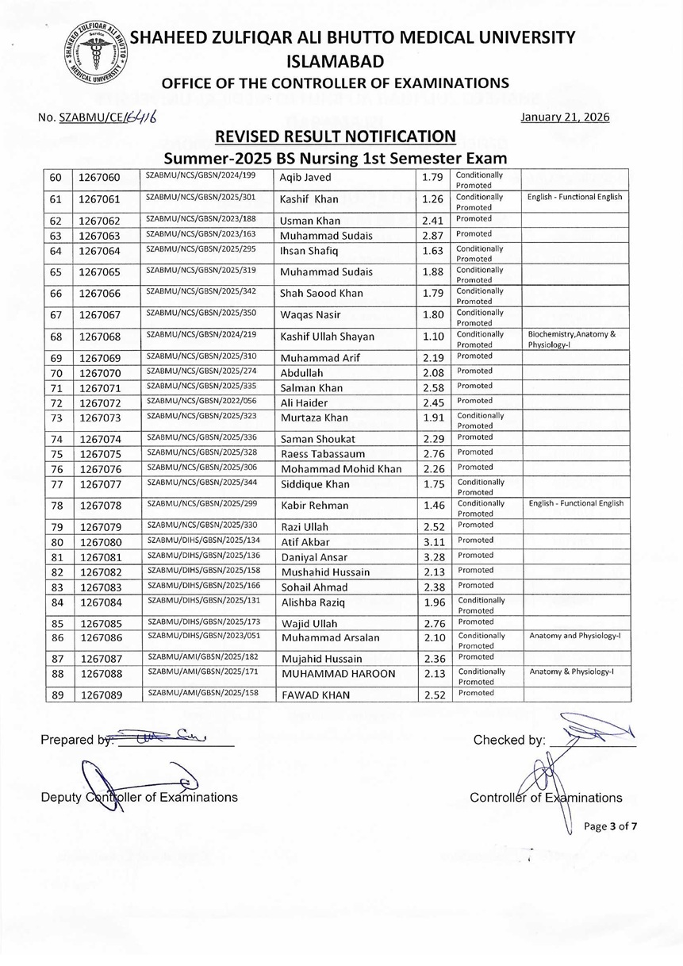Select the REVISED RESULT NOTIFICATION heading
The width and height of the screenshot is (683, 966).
[x=336, y=136]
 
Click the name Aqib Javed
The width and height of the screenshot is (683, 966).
[x=305, y=178]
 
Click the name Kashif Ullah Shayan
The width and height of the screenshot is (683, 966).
[x=327, y=337]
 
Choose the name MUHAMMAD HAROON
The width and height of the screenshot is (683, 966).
[x=329, y=675]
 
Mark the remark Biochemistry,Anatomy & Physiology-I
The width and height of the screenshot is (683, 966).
[x=572, y=339]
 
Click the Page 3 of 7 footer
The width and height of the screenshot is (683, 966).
[x=610, y=826]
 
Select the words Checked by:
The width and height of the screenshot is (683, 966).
[x=508, y=741]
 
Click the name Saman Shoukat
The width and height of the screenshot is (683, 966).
[x=317, y=439]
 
